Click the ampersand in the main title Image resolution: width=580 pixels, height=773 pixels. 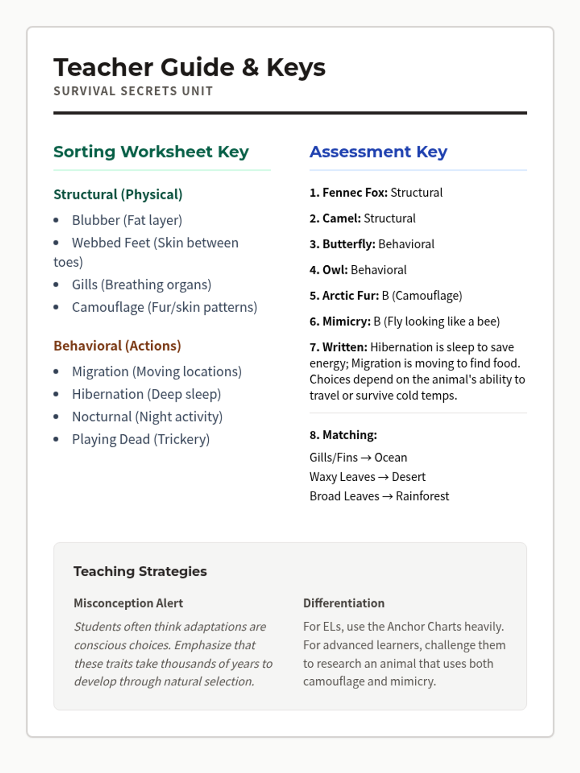[250, 68]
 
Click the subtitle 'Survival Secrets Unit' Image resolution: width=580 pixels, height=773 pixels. [133, 91]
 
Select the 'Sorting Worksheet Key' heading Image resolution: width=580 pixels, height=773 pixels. [151, 152]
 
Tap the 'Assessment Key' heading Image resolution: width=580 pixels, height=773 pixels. [378, 152]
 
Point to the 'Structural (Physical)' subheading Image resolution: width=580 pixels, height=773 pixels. [118, 194]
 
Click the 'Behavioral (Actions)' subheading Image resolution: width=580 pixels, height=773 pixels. [117, 346]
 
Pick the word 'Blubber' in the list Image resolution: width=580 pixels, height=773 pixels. [96, 220]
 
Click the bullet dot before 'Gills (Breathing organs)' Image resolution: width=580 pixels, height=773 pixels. [57, 285]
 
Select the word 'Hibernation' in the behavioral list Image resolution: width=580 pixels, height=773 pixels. [108, 394]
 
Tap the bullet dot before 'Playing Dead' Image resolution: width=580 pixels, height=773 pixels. [57, 439]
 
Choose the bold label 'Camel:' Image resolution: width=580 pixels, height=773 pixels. [341, 218]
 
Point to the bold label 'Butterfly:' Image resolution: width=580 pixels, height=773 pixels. [349, 244]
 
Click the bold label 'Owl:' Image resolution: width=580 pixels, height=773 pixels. [335, 270]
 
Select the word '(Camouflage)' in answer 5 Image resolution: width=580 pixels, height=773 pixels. [427, 296]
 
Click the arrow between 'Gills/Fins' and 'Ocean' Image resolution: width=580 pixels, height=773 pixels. [366, 458]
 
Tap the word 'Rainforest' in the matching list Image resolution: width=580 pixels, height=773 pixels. [422, 496]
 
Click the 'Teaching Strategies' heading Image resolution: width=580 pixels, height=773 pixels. [140, 571]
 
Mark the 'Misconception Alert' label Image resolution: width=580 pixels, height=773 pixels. [128, 603]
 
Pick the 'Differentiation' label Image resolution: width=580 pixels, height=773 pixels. [344, 603]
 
